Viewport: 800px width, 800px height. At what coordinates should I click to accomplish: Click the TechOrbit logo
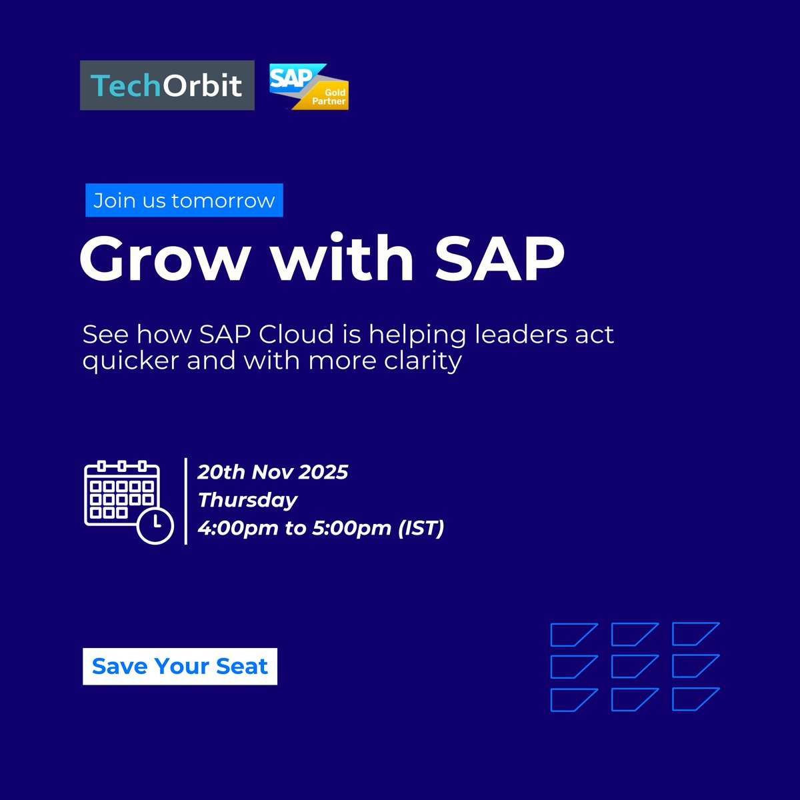point(167,85)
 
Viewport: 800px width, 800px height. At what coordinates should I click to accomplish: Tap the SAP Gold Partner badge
point(309,87)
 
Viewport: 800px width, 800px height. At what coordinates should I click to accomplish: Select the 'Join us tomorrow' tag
point(184,201)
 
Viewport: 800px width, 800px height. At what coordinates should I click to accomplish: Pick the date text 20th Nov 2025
point(273,472)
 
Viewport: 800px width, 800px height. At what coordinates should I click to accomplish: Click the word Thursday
point(247,500)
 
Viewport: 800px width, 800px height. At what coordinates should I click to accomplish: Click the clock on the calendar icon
point(155,525)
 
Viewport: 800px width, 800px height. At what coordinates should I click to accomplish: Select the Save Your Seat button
point(180,666)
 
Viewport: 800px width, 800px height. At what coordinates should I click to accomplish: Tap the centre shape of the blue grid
point(634,666)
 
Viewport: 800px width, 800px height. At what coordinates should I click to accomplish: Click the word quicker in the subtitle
point(131,361)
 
